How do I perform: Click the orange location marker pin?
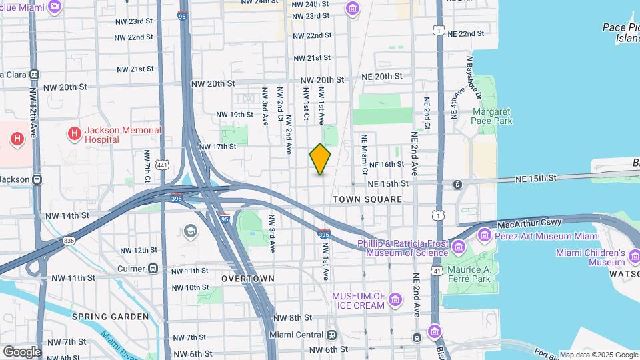(x=321, y=159)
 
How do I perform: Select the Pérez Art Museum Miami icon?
(x=485, y=235)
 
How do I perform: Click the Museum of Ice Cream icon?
(x=395, y=300)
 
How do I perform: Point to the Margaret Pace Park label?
(x=493, y=117)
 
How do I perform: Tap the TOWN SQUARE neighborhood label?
(x=367, y=199)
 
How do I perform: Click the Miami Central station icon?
(x=333, y=334)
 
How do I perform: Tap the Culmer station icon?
(x=153, y=269)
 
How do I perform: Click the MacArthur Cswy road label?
(x=529, y=222)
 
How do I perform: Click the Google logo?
(x=21, y=351)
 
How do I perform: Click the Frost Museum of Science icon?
(x=457, y=248)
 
